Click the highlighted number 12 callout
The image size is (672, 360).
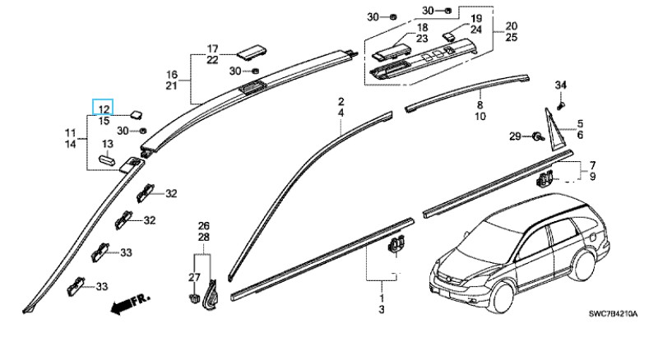point(104,109)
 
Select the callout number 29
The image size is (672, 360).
point(515,136)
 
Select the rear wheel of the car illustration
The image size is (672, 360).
point(582,265)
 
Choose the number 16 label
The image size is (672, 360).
point(172,74)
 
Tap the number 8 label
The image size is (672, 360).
point(480,106)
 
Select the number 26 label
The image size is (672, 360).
point(203,226)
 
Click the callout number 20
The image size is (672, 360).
point(511,25)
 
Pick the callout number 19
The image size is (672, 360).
point(475,19)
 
